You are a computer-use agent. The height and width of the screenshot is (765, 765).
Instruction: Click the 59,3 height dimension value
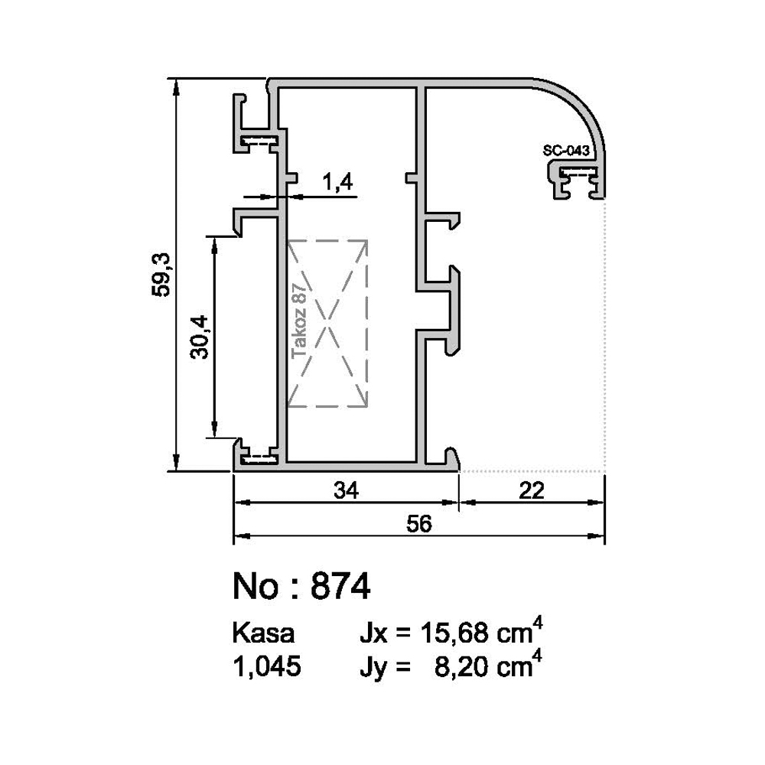(x=161, y=275)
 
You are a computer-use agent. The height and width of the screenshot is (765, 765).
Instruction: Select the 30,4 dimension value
(x=200, y=337)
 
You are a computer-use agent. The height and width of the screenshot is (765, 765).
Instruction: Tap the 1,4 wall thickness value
(x=337, y=182)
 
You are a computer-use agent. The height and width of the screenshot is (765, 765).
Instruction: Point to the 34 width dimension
(x=347, y=490)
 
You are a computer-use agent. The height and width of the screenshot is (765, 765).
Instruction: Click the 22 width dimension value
(x=532, y=490)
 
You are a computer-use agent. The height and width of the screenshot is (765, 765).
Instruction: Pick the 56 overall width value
(x=419, y=524)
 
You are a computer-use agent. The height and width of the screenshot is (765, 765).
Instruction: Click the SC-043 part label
(x=566, y=150)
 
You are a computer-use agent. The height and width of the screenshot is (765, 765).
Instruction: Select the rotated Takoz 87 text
(x=299, y=321)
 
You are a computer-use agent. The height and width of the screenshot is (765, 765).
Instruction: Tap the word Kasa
(x=263, y=633)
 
